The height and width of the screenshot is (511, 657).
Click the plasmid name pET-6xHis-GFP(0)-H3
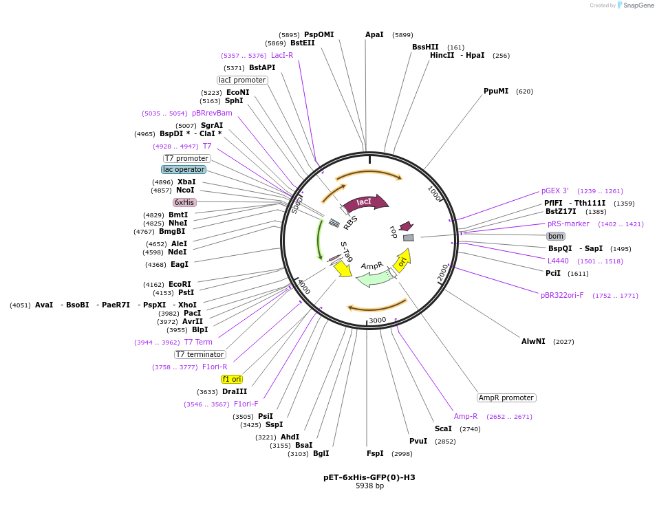click(x=369, y=477)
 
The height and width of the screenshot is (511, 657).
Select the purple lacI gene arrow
click(x=365, y=202)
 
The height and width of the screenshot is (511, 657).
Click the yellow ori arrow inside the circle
click(x=403, y=260)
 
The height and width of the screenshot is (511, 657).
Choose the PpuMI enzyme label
click(x=496, y=91)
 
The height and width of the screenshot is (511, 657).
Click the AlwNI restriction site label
click(x=533, y=341)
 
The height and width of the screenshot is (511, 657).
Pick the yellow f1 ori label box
click(x=232, y=379)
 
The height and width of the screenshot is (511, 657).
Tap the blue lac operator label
click(x=184, y=169)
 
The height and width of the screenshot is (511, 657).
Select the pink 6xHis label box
click(x=184, y=202)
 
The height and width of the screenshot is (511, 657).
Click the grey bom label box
click(x=556, y=236)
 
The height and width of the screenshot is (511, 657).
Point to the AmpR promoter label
click(x=506, y=398)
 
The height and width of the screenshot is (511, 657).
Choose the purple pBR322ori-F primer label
click(x=562, y=295)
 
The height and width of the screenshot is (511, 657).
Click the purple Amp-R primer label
click(x=466, y=416)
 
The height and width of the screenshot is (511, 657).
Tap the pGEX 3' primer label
click(x=554, y=191)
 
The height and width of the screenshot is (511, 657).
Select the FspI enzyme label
click(x=375, y=453)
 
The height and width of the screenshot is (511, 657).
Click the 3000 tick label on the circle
click(x=377, y=320)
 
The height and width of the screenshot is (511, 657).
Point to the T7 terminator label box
click(x=200, y=354)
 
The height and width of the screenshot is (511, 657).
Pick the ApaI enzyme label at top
click(x=374, y=34)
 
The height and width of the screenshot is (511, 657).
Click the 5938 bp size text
click(x=369, y=486)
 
